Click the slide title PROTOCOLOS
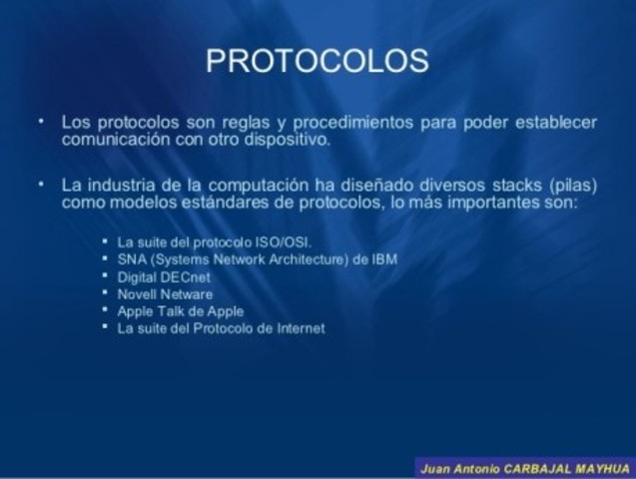point(318,61)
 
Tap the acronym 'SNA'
point(132,259)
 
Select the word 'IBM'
point(383,259)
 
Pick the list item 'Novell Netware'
point(165,293)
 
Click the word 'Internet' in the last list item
point(302,327)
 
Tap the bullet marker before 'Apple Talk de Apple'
point(105,309)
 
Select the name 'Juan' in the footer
point(435,468)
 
